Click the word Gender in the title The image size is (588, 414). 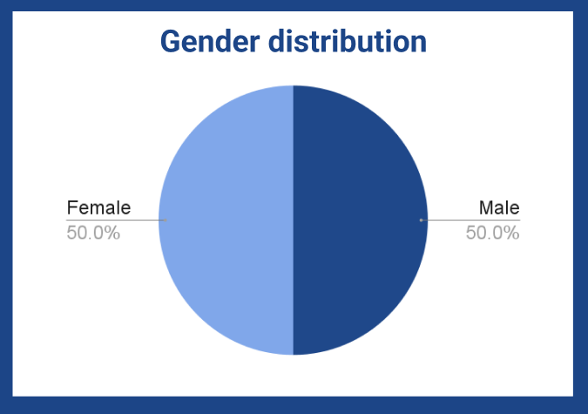(x=210, y=41)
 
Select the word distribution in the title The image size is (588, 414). (x=348, y=41)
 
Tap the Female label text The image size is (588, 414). (x=98, y=207)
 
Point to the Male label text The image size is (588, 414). (x=499, y=207)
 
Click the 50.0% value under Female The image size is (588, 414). (x=93, y=233)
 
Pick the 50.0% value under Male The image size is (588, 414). (x=492, y=233)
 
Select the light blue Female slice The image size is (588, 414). (x=226, y=220)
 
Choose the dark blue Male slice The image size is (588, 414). (x=361, y=220)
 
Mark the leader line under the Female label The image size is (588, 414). (x=116, y=220)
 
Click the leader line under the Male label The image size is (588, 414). (x=470, y=220)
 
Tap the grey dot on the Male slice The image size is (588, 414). (x=421, y=220)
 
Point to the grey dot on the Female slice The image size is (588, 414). (x=166, y=220)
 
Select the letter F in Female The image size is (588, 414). (x=71, y=207)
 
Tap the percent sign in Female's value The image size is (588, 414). (x=112, y=233)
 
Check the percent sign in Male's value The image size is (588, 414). (x=511, y=233)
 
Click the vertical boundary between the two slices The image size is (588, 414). (x=294, y=220)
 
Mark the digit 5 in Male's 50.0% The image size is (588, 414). (x=470, y=233)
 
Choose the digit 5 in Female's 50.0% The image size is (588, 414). (x=71, y=233)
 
